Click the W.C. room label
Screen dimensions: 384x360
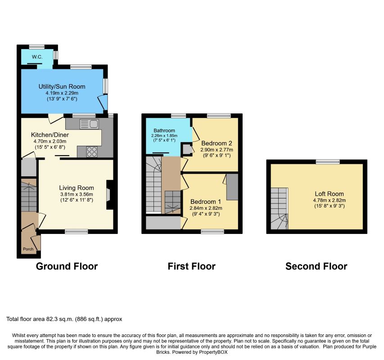click(x=37, y=57)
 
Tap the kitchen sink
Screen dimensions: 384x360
click(x=90, y=124)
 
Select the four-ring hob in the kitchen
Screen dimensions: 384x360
click(x=91, y=152)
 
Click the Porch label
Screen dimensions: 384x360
click(x=28, y=249)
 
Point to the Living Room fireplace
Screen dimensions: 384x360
click(x=109, y=195)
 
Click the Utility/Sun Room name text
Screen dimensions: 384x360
click(x=62, y=86)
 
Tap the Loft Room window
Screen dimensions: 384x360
click(x=328, y=162)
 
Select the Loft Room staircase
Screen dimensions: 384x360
click(x=279, y=208)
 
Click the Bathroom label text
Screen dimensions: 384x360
click(x=164, y=130)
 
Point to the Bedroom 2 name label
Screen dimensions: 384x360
click(x=217, y=143)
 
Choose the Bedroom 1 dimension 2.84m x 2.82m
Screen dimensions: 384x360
click(x=206, y=208)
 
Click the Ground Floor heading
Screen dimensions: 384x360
click(x=67, y=266)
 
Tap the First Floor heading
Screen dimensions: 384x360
click(x=191, y=266)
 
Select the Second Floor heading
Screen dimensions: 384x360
click(x=316, y=266)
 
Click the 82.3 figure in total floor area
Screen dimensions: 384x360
click(x=51, y=319)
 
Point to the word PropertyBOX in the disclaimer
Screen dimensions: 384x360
click(x=213, y=352)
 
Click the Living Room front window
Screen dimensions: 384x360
click(x=77, y=231)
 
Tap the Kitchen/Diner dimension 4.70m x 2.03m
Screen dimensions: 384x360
click(x=50, y=141)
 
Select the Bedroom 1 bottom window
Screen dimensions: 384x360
click(x=212, y=231)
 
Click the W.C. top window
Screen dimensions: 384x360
click(x=37, y=47)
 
